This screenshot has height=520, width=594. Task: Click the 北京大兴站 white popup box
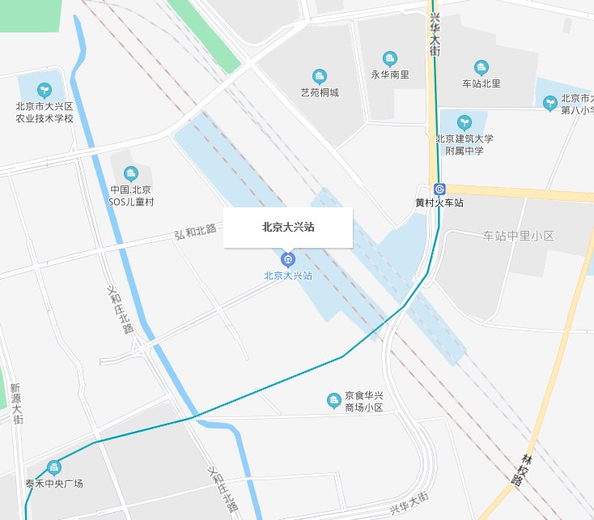288,228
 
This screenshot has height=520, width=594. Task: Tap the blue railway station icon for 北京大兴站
287,259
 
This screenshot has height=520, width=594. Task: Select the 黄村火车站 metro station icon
439,189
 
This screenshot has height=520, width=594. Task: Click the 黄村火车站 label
439,202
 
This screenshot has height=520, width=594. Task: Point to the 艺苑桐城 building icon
320,76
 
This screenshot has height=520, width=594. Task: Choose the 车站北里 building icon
482,67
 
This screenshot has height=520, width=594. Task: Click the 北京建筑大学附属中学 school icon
465,122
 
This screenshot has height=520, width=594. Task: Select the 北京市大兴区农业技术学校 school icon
45,90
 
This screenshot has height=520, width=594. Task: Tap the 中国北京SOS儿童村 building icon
131,173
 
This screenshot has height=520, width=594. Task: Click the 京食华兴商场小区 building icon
333,400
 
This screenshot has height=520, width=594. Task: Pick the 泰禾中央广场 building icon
54,467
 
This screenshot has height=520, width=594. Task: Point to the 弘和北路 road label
196,232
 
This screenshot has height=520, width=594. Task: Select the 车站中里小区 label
518,236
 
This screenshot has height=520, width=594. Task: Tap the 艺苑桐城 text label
320,92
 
